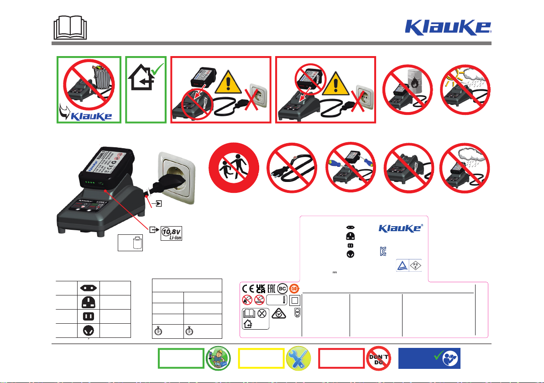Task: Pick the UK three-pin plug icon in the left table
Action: pos(89,302)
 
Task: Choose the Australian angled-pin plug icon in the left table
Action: pos(89,330)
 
